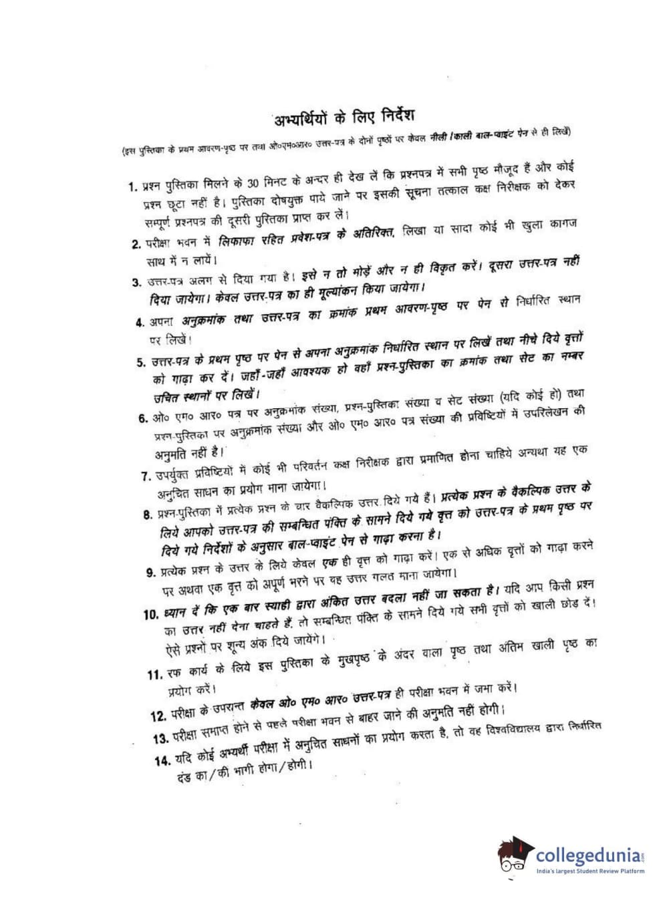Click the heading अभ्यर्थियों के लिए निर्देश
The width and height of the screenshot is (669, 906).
point(348,119)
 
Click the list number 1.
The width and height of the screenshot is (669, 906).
point(132,186)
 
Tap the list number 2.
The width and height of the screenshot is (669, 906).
point(135,244)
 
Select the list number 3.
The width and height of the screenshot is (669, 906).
point(136,282)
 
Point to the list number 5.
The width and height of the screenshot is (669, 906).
point(141,363)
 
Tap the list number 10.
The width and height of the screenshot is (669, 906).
point(150,613)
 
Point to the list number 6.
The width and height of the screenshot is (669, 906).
point(143,419)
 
